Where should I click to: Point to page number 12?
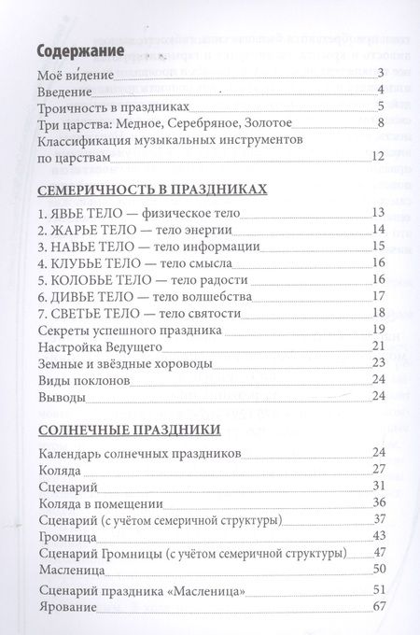pos(377,155)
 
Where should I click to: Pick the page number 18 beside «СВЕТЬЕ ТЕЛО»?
pos(378,312)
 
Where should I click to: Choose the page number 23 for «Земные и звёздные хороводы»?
pos(378,362)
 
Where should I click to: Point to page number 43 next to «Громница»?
pos(378,535)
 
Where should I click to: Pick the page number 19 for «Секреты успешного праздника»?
pos(378,329)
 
